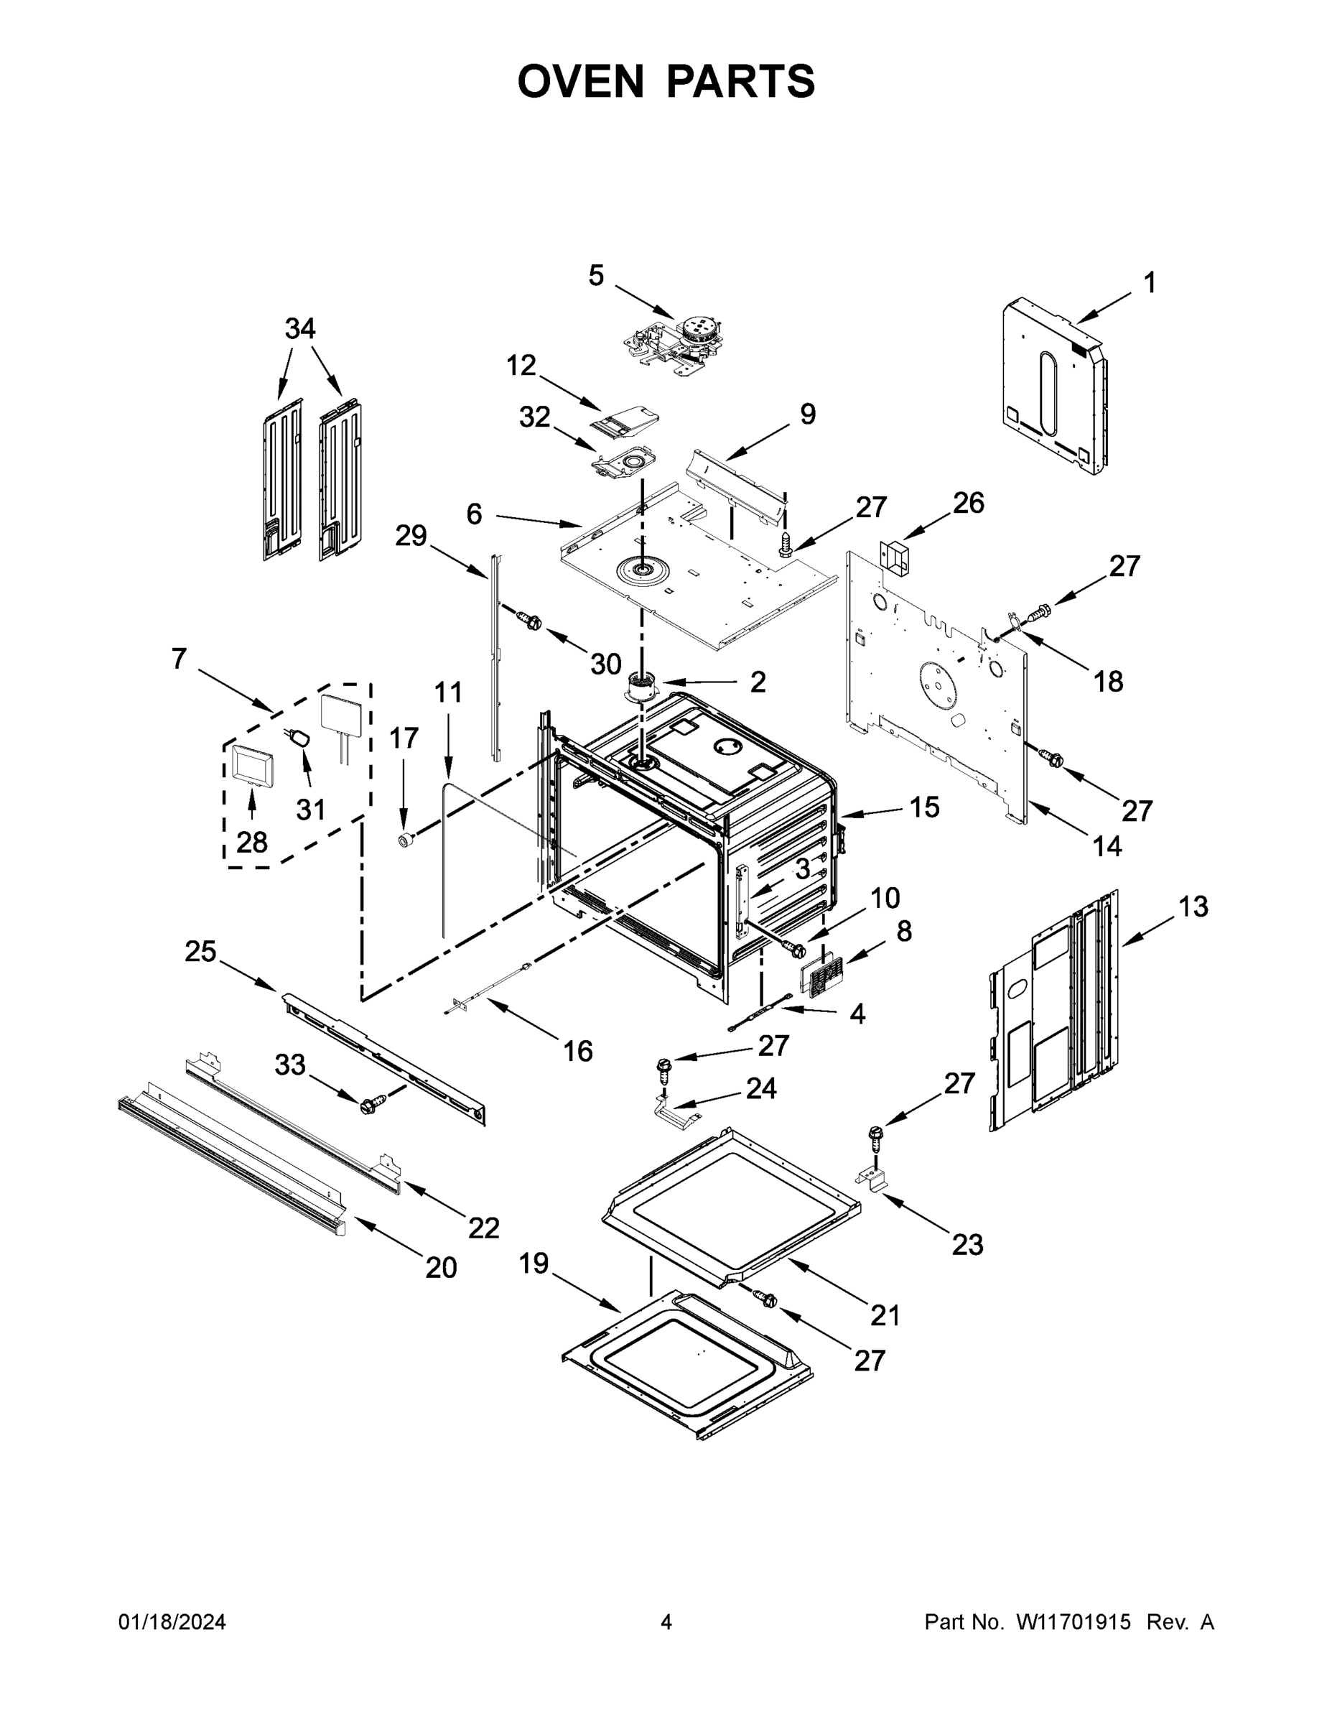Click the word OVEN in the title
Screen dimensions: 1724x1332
click(580, 81)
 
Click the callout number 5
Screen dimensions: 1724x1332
click(596, 276)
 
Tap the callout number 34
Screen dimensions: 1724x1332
click(300, 328)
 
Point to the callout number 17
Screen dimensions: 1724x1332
click(404, 738)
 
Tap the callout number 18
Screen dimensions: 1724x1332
click(1108, 681)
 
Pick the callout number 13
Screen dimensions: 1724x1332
click(1193, 907)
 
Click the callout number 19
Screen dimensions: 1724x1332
click(534, 1264)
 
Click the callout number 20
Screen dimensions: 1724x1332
click(441, 1268)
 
